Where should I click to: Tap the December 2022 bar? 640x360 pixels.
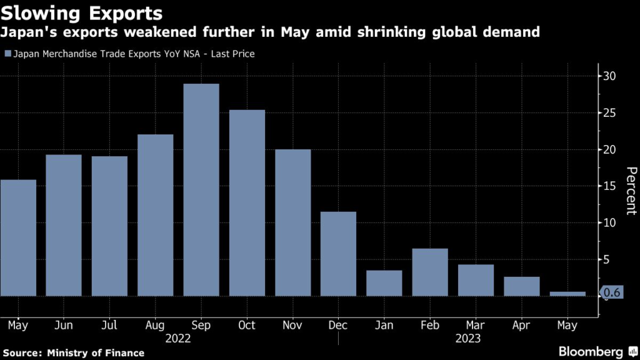(338, 253)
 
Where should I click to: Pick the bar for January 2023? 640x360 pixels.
(384, 282)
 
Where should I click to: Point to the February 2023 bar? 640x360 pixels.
(430, 272)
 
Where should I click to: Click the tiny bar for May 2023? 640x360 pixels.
(567, 293)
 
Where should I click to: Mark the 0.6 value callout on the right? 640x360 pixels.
(612, 292)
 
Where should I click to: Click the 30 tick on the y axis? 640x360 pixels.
(609, 76)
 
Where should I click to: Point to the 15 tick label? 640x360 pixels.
(609, 186)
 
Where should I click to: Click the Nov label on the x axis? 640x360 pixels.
(292, 325)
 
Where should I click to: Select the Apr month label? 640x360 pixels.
(521, 325)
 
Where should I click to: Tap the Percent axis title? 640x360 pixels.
(631, 191)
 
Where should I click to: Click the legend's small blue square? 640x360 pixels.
(7, 54)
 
